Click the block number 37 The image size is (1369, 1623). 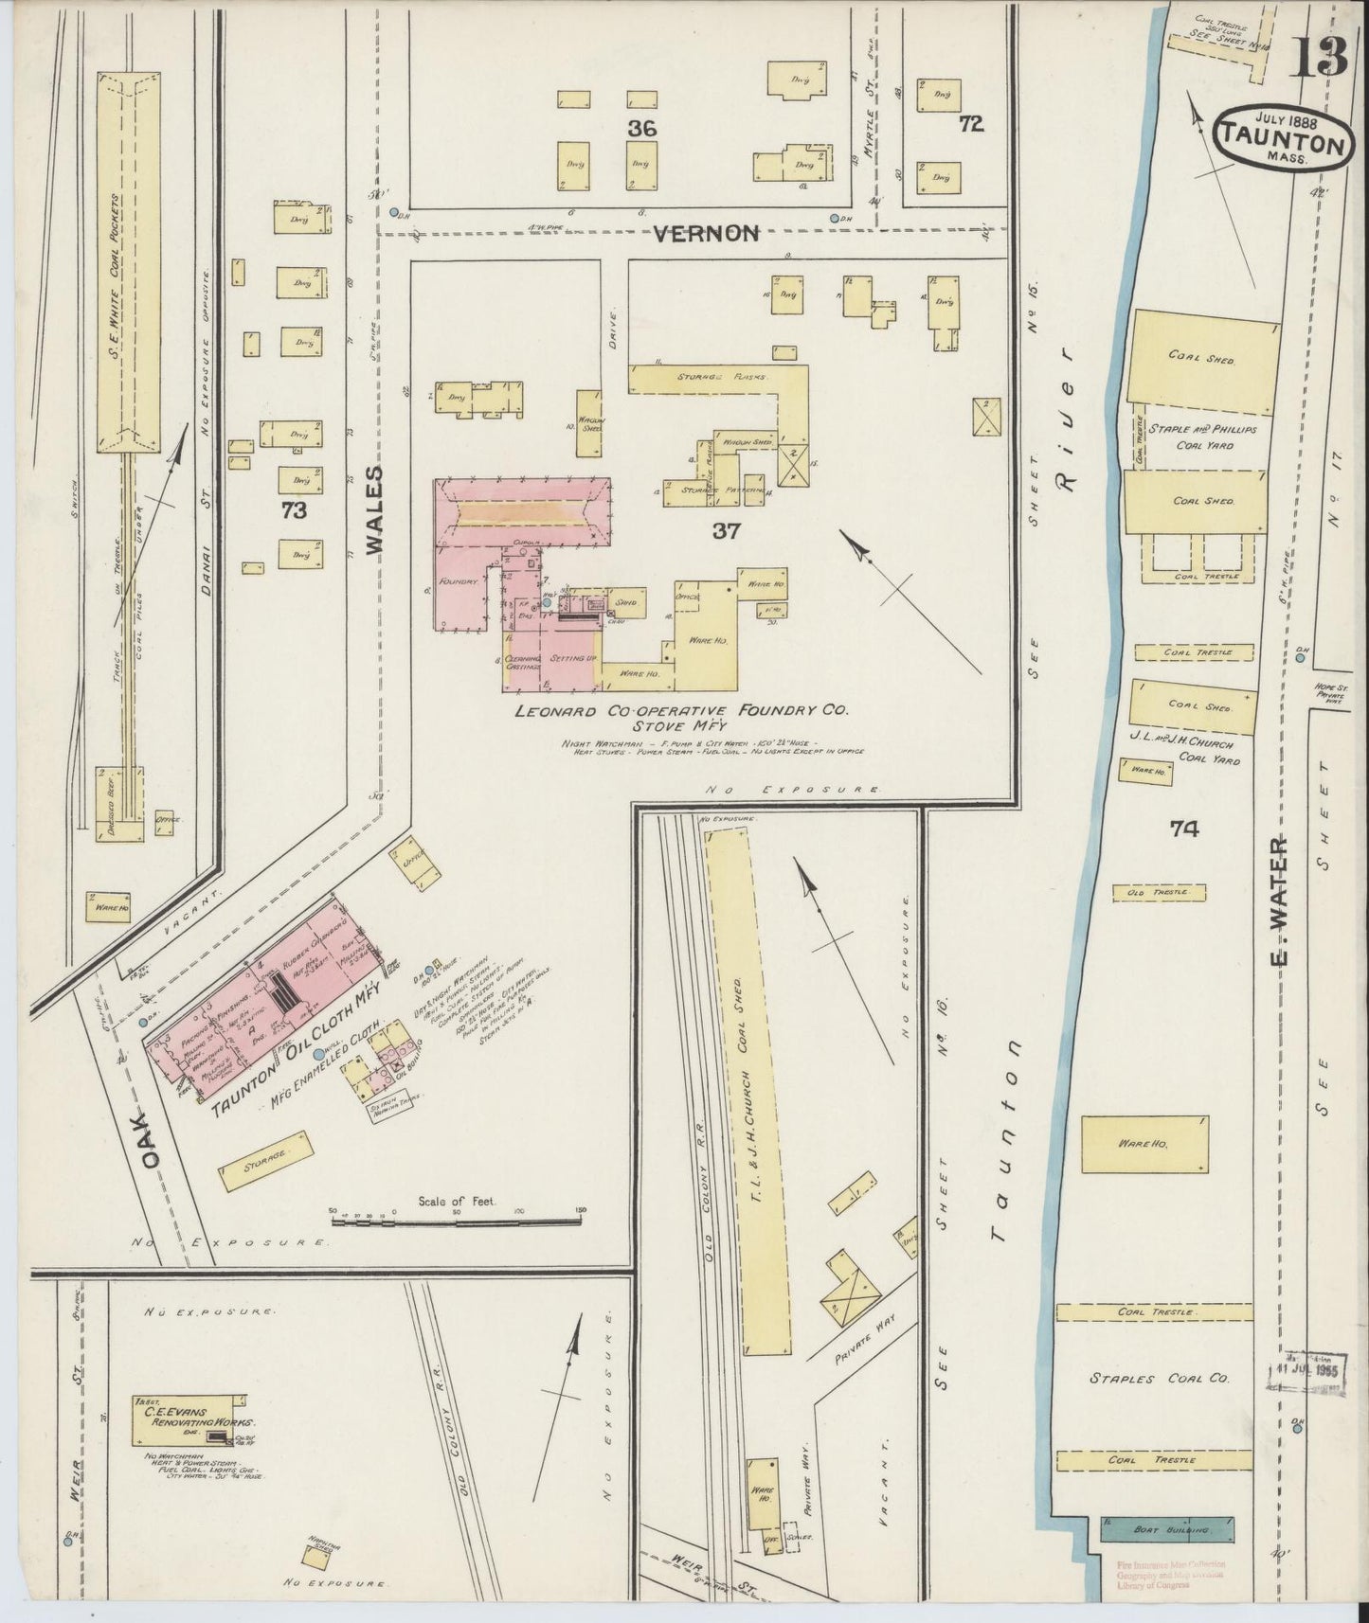click(726, 532)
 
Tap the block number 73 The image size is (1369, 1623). click(294, 511)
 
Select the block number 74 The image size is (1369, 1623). click(1183, 829)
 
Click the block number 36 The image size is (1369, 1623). click(640, 128)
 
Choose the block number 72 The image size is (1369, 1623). click(970, 123)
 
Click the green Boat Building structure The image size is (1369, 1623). click(1167, 1529)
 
